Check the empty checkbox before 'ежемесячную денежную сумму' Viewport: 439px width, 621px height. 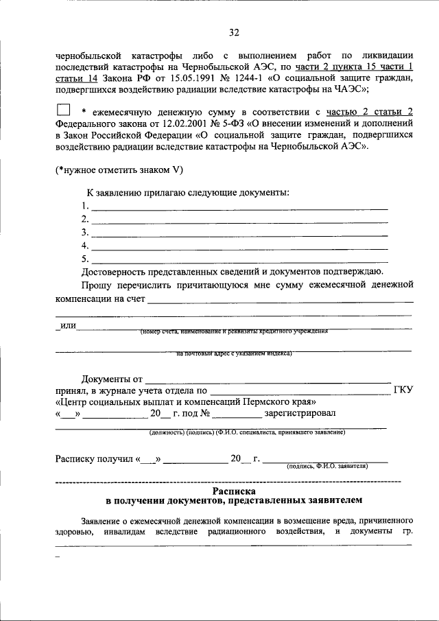[63, 109]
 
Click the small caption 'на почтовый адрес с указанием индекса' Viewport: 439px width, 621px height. [235, 354]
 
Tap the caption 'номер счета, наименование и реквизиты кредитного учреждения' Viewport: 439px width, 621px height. [233, 331]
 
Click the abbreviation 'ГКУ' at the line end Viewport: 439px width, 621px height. [403, 390]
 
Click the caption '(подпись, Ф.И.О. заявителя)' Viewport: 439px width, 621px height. [327, 465]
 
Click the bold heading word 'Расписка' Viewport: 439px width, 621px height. [234, 491]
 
